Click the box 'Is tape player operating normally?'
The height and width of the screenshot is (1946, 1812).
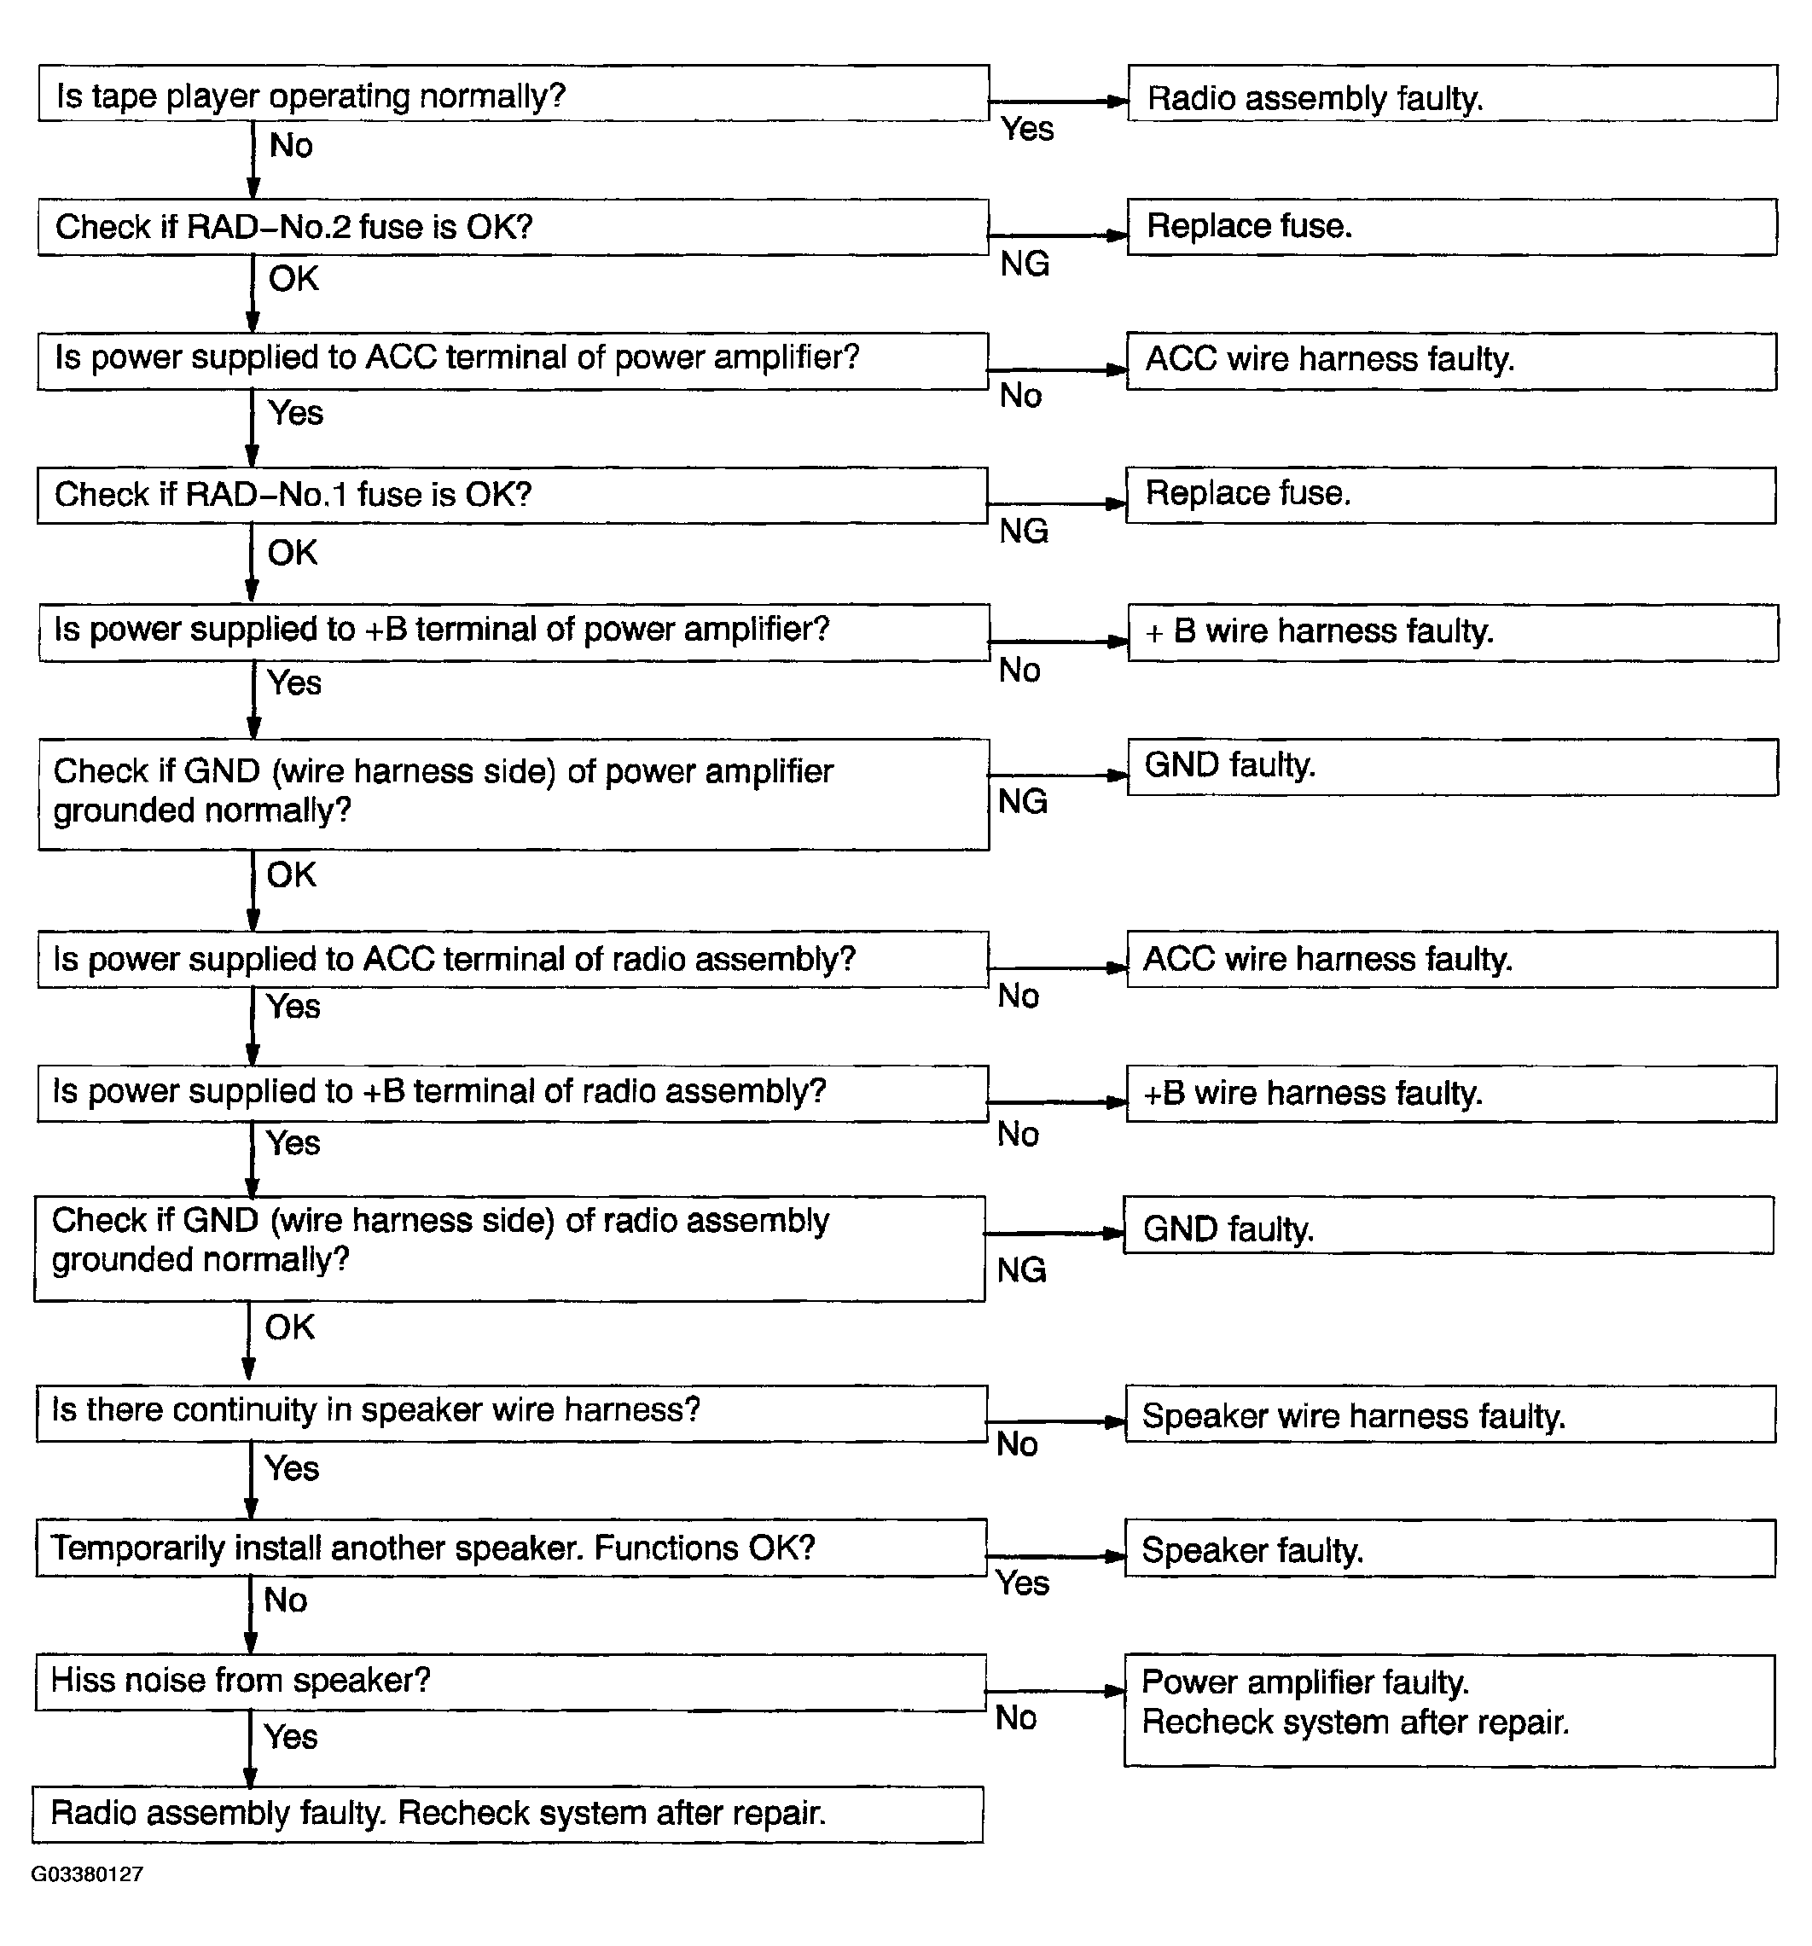click(513, 94)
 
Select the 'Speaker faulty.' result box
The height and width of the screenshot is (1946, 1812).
click(1449, 1548)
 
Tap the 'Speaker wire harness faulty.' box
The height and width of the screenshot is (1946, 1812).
click(1449, 1414)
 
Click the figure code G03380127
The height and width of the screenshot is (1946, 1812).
click(87, 1873)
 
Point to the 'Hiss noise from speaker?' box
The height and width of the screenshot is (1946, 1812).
click(510, 1682)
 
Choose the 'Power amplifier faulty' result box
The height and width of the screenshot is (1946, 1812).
click(1449, 1710)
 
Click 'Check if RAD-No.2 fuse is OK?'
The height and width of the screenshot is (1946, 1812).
click(513, 227)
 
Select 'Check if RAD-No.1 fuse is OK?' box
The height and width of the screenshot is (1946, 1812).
click(512, 496)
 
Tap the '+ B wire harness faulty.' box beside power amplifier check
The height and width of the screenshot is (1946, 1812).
click(1452, 632)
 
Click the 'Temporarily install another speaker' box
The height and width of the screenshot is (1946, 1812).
click(511, 1548)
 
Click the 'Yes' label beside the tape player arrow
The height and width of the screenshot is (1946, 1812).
click(1026, 129)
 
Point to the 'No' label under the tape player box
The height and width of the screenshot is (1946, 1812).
click(291, 146)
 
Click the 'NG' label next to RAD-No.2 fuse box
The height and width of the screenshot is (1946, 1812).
click(1024, 264)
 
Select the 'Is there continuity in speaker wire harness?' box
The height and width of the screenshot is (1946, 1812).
click(511, 1413)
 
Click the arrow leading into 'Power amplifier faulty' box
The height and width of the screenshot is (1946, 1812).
click(1055, 1691)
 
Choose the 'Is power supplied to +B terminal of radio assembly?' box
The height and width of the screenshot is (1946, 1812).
click(512, 1092)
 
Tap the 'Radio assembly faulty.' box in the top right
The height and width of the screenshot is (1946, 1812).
click(1452, 94)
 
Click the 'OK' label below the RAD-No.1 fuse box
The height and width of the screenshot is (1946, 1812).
click(292, 553)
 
